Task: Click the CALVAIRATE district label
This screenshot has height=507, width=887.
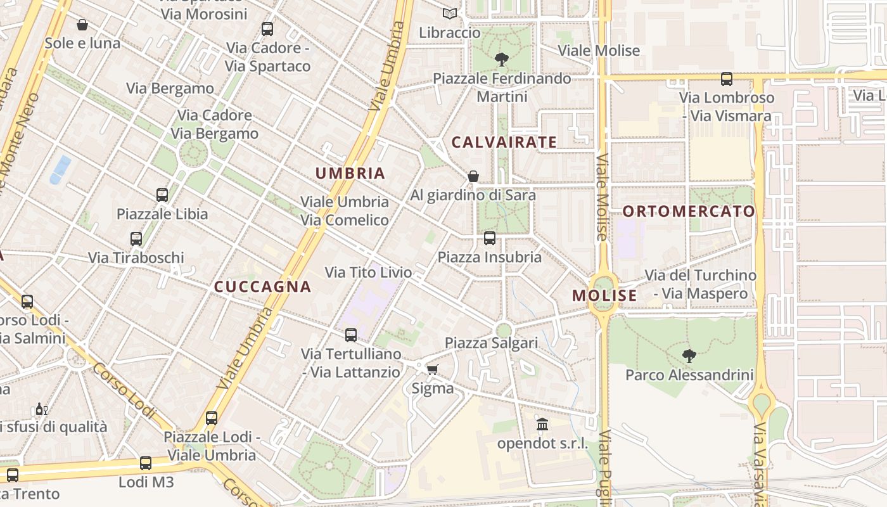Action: coord(504,142)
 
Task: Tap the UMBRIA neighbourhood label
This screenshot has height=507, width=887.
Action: coord(350,173)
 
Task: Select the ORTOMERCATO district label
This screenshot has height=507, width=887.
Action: coord(689,211)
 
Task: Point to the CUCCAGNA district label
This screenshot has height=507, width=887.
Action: coord(262,286)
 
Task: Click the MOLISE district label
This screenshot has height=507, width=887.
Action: coord(604,295)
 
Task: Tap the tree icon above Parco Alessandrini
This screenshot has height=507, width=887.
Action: coord(689,356)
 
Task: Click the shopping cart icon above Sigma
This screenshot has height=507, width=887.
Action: coord(433,369)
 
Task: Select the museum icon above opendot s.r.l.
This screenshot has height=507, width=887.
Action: coord(542,424)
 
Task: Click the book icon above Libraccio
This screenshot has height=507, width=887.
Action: coord(450,13)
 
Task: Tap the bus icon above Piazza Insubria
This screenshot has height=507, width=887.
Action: coord(490,238)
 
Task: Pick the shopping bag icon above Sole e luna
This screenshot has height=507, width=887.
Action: coord(82,25)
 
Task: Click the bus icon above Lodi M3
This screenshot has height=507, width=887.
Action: coord(146,463)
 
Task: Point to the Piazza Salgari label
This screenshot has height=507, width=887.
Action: coord(491,343)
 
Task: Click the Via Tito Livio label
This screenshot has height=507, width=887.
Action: coord(368,273)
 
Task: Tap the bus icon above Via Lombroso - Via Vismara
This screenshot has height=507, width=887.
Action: coord(727,79)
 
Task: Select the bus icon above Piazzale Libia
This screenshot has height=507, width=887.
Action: coord(162,195)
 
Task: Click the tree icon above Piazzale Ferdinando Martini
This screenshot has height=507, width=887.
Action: coord(502,60)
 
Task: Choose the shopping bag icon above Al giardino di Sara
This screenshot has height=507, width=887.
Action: coord(473,176)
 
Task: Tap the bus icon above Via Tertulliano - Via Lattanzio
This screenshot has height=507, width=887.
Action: coord(351,335)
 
